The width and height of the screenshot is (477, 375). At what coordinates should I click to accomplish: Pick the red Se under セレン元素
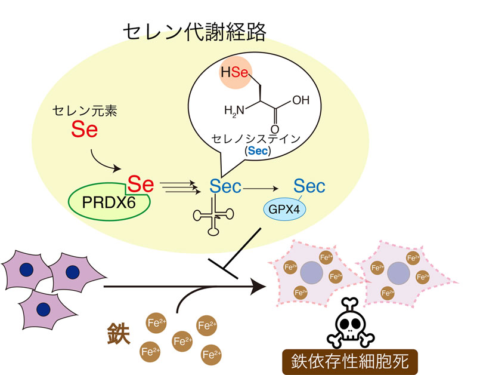point(85,130)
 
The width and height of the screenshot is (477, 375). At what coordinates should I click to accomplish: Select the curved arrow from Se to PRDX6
point(104,162)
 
